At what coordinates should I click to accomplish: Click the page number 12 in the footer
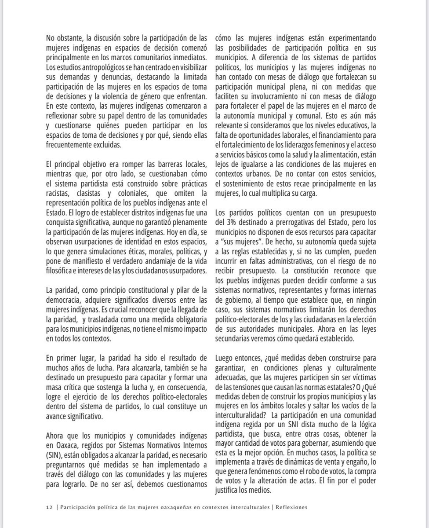48,507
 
